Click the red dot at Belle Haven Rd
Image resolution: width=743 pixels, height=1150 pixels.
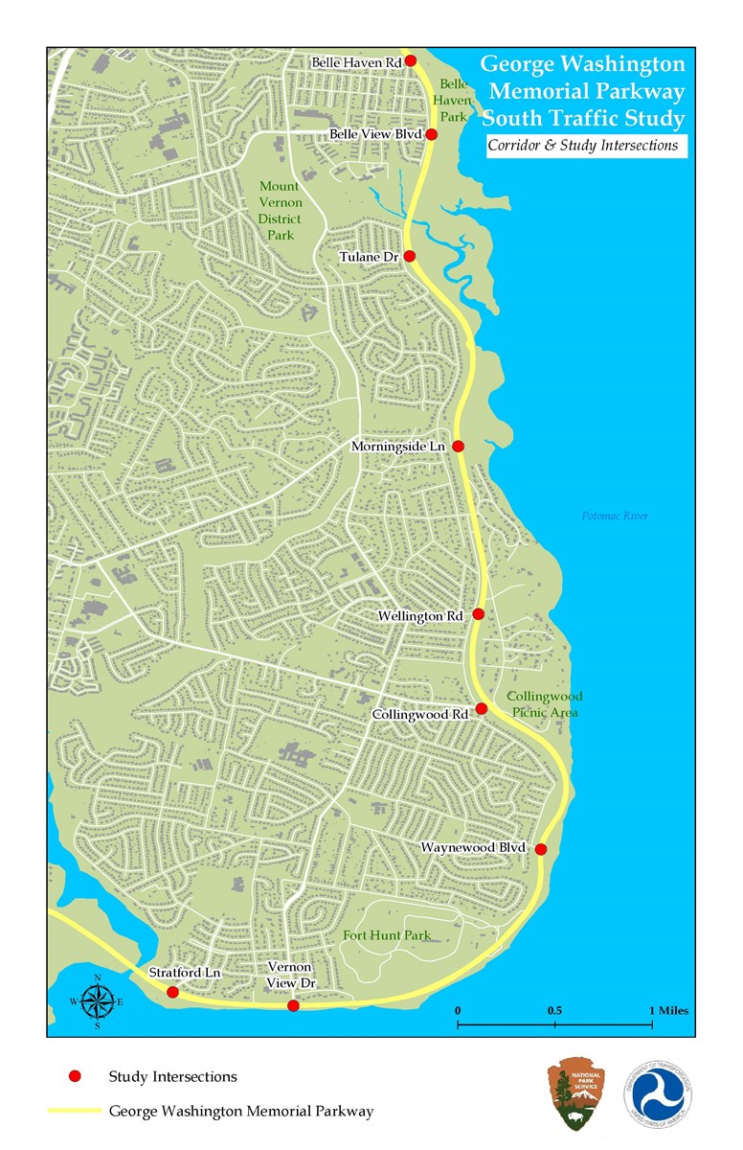pos(411,60)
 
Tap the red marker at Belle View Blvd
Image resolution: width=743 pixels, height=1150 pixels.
pos(432,134)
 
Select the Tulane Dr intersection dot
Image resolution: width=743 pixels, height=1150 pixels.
pos(410,256)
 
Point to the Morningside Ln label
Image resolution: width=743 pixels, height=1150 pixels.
pos(399,447)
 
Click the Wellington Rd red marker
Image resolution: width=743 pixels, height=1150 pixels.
pos(479,613)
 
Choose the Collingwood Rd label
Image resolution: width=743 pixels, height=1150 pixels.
pos(420,714)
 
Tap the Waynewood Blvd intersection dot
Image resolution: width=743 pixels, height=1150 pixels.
pos(541,849)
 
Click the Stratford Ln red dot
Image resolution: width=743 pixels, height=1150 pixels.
pos(172,992)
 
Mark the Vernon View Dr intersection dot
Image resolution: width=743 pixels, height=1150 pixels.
pos(293,1005)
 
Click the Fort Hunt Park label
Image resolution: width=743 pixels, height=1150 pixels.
pos(388,935)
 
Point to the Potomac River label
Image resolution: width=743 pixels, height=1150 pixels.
pos(615,517)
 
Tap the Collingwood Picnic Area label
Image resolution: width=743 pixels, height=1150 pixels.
pos(545,704)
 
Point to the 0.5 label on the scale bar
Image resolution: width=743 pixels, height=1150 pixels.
pos(554,1011)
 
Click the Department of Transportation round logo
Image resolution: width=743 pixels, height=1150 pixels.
pos(659,1093)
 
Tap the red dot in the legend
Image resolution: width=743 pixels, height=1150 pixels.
pos(75,1076)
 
